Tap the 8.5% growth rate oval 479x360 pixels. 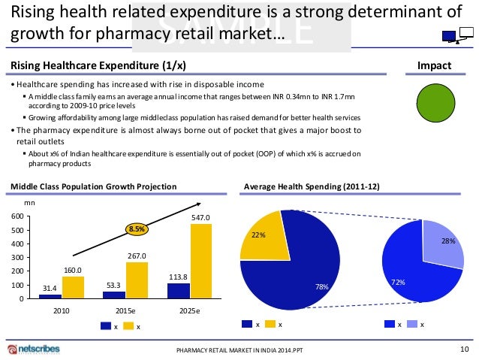coord(136,228)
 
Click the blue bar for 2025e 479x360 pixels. coord(179,291)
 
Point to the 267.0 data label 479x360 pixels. coord(136,255)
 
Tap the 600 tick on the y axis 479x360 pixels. coord(15,216)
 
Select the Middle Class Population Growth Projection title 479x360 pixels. coord(94,186)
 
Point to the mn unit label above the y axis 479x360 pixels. coord(30,201)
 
